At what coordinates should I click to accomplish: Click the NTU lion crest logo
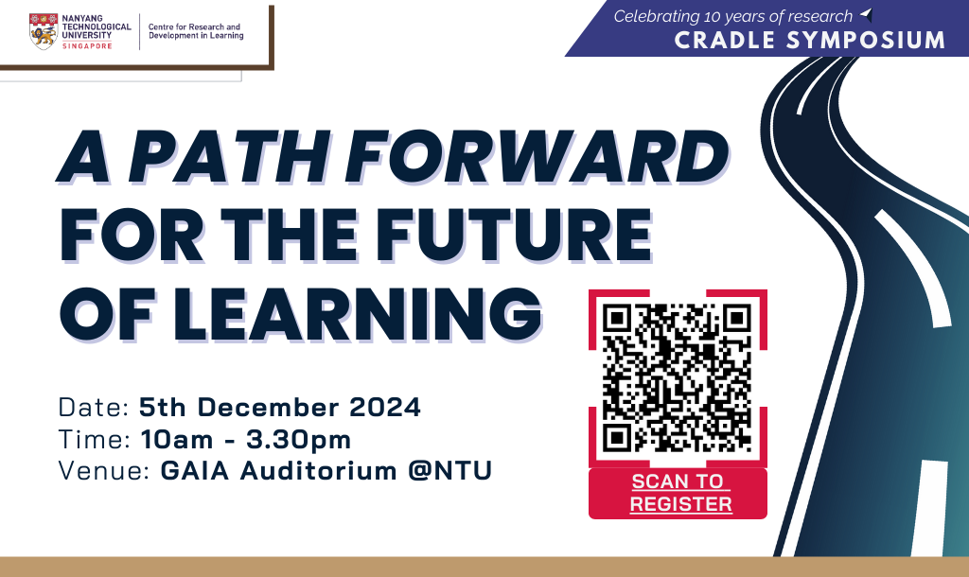click(42, 31)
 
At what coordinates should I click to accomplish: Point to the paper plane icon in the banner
click(866, 15)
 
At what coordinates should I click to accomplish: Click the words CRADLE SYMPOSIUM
click(809, 40)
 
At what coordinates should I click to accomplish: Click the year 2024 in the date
click(382, 409)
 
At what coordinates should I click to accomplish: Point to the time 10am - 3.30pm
click(246, 439)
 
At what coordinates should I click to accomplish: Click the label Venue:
click(103, 470)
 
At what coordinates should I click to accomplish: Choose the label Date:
click(94, 409)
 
